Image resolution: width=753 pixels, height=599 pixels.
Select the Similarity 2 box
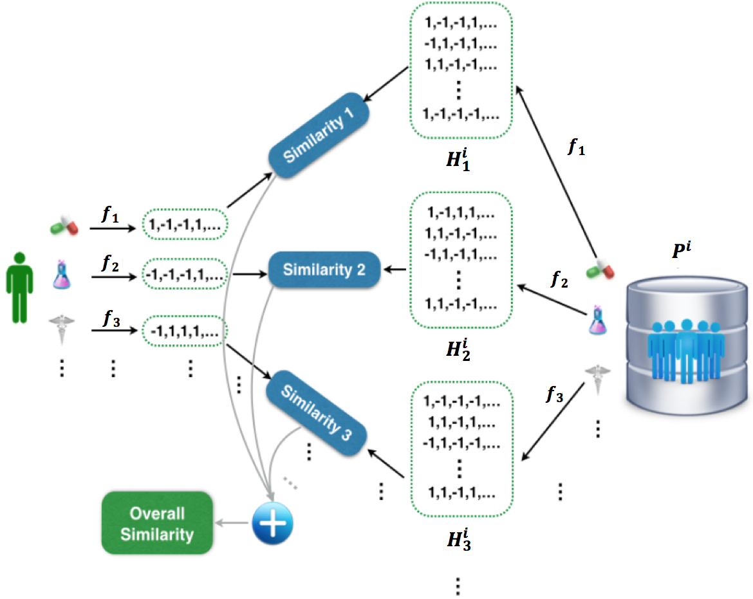(324, 270)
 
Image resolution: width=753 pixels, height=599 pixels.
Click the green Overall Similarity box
(157, 523)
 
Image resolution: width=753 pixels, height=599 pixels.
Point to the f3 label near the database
(553, 394)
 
